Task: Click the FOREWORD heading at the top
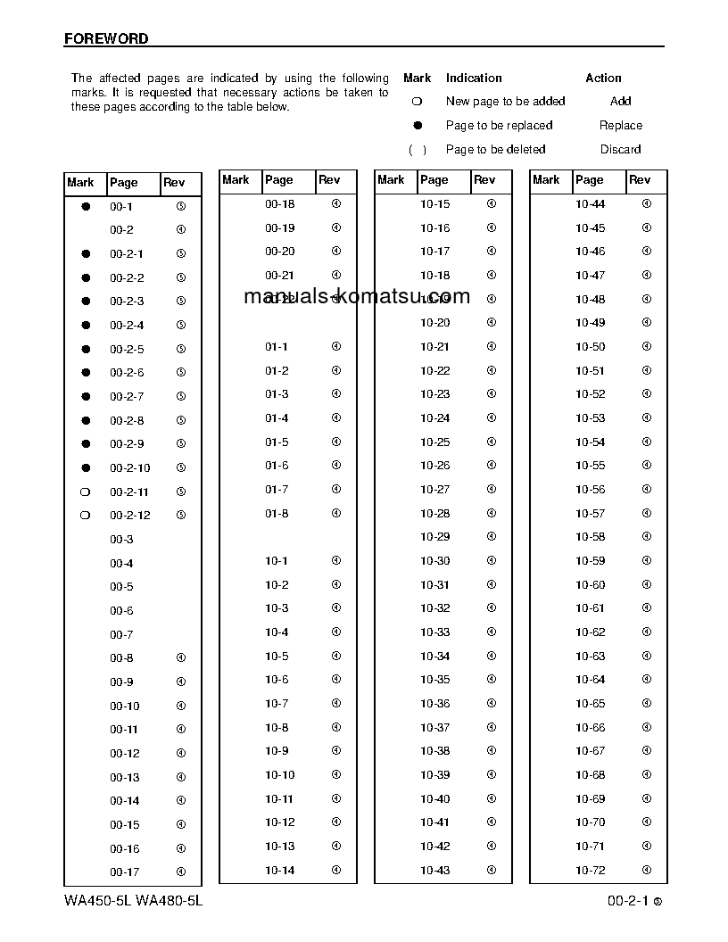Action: coord(106,39)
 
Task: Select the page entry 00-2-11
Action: coord(129,492)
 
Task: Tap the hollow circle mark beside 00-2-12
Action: coord(86,516)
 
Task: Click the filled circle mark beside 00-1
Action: coord(86,206)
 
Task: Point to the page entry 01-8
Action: coord(277,513)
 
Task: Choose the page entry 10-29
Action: coord(434,537)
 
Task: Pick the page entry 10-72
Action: coord(590,870)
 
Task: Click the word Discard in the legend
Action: coord(620,149)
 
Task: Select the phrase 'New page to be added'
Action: coord(505,102)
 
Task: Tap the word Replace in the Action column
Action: coord(620,126)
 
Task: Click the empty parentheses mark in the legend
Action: coord(417,150)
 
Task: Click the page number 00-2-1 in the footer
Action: coord(627,901)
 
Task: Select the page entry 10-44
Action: coord(590,204)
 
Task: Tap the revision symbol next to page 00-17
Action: coord(181,872)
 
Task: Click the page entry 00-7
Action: coord(121,634)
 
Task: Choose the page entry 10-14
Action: coord(279,870)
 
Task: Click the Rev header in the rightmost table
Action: coord(640,179)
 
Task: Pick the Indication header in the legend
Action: coord(474,78)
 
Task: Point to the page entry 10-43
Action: coord(434,870)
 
